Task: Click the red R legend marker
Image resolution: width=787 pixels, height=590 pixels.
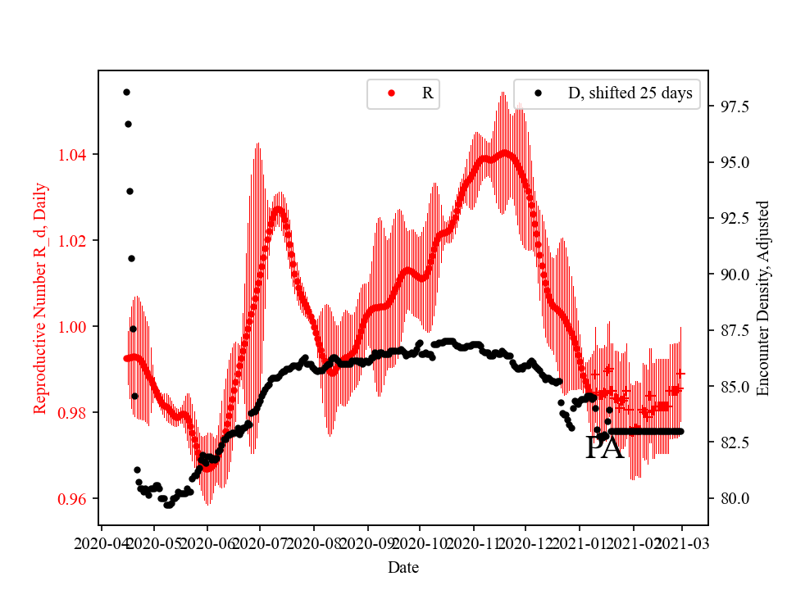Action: pos(391,93)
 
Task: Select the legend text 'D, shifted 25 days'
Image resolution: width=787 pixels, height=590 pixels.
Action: pos(630,93)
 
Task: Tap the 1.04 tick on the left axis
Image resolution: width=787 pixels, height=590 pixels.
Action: pos(75,154)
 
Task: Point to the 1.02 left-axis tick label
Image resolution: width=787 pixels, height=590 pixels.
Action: pos(75,240)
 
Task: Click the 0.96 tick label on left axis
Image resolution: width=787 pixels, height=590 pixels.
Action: pos(75,498)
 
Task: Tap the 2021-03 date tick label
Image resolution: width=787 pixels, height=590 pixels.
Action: pos(681,542)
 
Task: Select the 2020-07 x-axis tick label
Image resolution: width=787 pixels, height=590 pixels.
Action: pos(260,542)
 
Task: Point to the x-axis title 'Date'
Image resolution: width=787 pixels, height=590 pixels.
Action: pos(403,566)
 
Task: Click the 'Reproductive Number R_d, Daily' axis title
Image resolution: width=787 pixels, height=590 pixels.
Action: pos(40,297)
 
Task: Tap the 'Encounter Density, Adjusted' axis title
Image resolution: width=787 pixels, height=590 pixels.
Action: pos(763,297)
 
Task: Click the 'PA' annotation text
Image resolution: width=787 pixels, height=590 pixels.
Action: pos(604,448)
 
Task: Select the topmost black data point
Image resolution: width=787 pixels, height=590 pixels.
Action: pos(126,92)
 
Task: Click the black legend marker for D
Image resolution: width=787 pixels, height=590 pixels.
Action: pos(538,93)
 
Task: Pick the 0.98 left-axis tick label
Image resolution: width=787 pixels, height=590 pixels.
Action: pos(75,412)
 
